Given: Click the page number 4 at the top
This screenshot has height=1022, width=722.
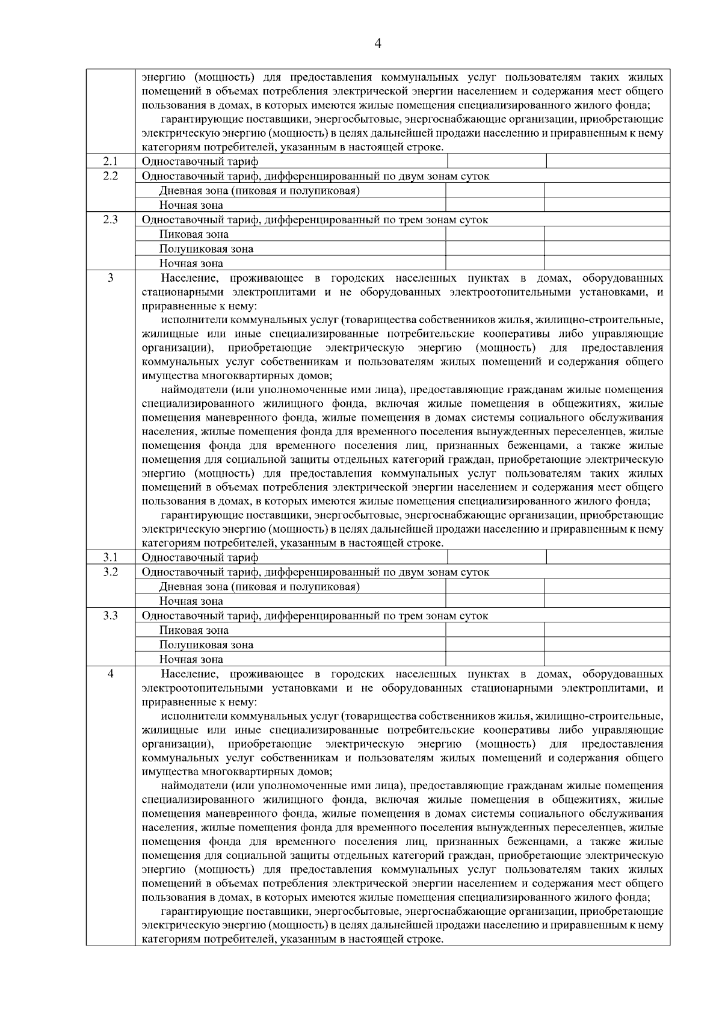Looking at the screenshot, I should coord(377,43).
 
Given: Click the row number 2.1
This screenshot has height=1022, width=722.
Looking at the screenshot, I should coord(110,161).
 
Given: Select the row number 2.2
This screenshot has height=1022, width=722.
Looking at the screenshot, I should coord(110,176).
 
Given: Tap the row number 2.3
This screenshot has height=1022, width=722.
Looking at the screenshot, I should coord(110,220).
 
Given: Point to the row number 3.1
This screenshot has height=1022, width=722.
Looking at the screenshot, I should coord(110,557).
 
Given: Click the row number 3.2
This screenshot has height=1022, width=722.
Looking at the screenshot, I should coord(110,572).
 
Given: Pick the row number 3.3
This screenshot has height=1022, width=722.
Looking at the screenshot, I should coord(110,616).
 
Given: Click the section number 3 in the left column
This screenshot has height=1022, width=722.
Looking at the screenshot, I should coord(110,277).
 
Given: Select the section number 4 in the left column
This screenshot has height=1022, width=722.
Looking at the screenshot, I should coord(110,674).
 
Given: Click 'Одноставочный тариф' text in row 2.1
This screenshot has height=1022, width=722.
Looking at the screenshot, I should coord(200,162).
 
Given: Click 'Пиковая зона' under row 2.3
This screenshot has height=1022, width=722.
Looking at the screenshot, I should coord(194,235).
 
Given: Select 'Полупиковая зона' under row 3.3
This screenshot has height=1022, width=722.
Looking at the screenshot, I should coord(206,645).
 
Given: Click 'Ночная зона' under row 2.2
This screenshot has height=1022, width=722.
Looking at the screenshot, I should coord(191,205).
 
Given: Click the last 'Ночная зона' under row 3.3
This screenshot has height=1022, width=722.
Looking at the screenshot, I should coord(191,660).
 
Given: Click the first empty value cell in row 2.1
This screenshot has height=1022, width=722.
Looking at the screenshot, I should coord(496,161).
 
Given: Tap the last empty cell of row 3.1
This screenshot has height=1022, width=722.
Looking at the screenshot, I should coord(608,557).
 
